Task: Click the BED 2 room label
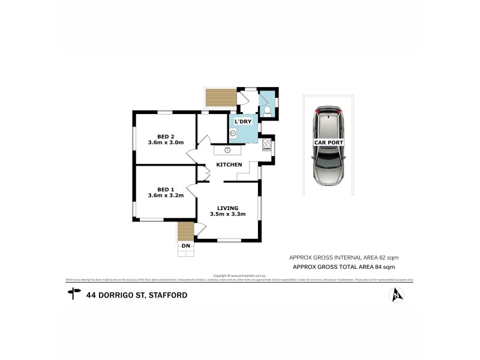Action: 166,135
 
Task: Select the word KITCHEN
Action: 229,164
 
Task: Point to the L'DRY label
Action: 243,122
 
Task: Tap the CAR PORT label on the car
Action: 328,142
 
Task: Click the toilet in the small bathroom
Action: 267,111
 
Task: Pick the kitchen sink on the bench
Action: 229,150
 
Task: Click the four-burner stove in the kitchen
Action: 267,145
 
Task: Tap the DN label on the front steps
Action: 186,245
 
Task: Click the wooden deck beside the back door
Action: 220,97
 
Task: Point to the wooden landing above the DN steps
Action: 186,230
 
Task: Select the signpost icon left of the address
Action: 74,293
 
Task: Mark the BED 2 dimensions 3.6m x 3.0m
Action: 166,143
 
